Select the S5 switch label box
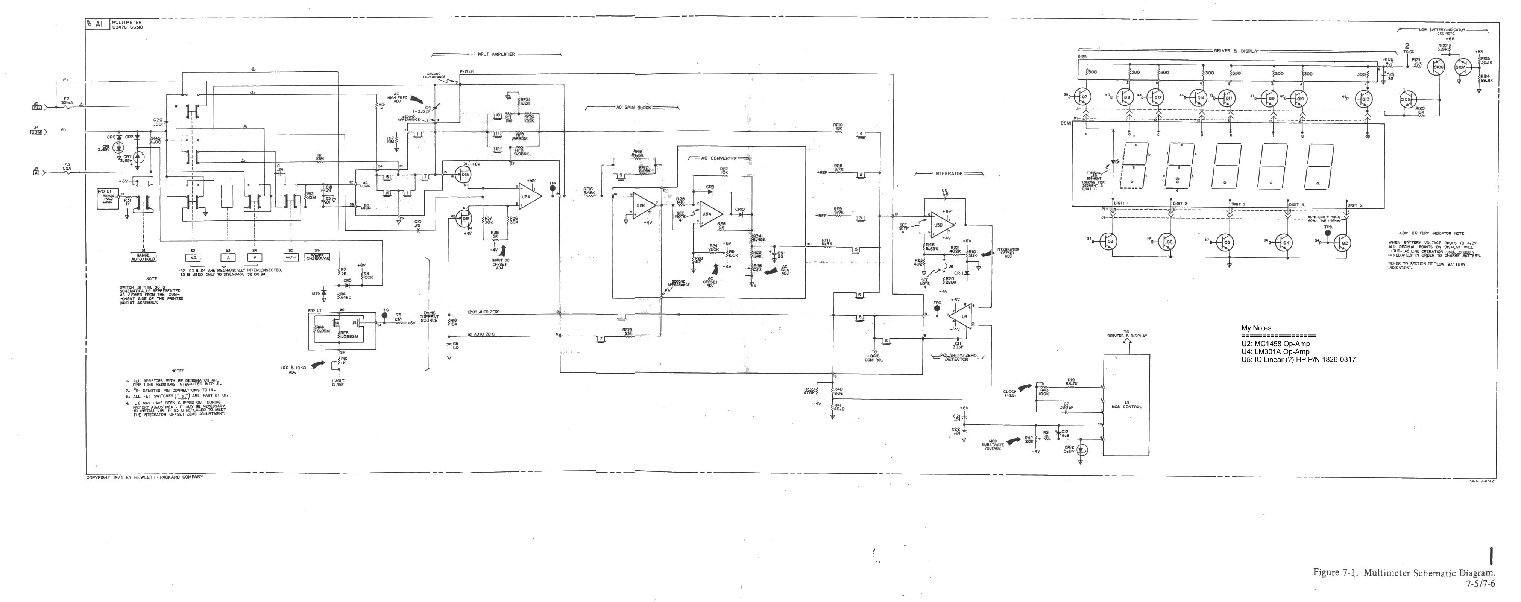(x=290, y=258)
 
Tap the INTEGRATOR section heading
(x=948, y=174)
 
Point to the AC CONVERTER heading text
(x=716, y=158)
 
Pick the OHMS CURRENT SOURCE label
(x=429, y=316)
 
